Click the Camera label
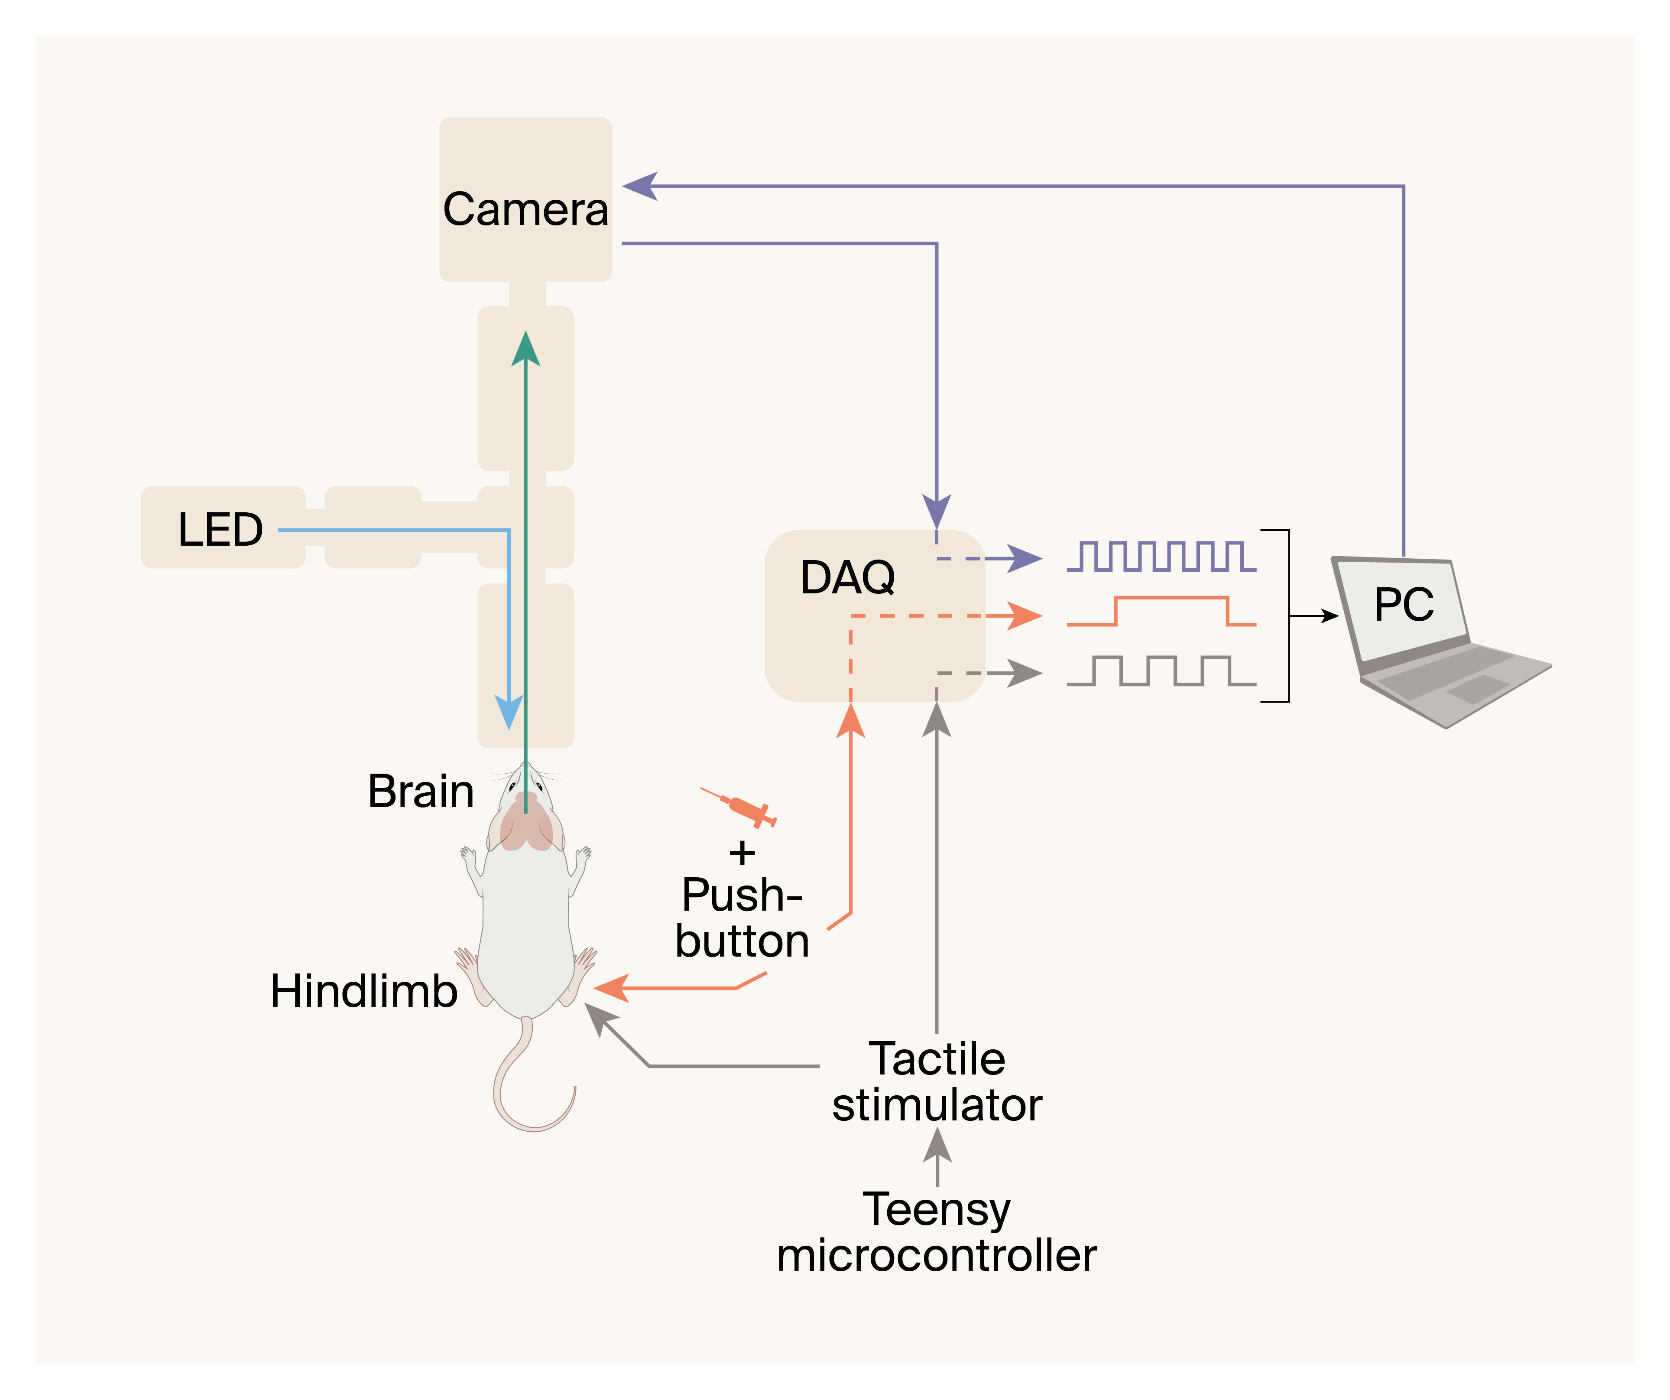(x=525, y=209)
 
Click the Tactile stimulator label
(x=937, y=1082)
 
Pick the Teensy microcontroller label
(x=937, y=1233)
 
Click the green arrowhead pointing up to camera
(x=525, y=350)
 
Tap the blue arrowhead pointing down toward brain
(x=509, y=710)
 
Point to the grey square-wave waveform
(x=1161, y=671)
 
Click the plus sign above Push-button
(x=742, y=853)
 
